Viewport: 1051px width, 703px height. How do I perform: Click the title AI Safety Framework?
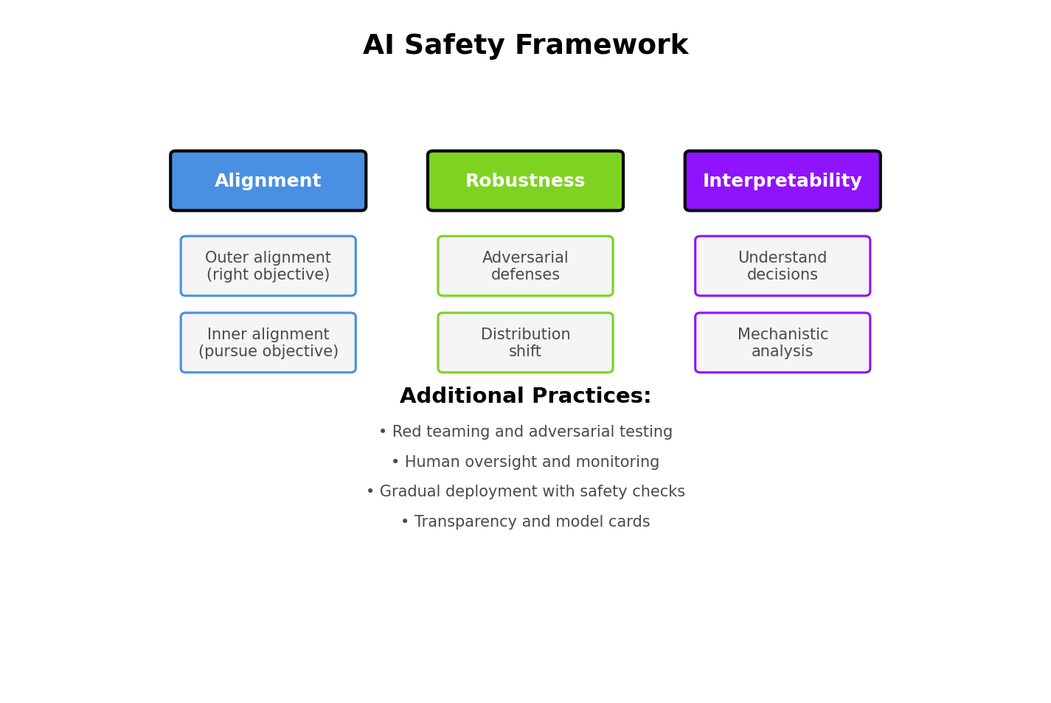[x=525, y=46]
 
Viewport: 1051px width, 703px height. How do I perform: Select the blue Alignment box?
[x=268, y=181]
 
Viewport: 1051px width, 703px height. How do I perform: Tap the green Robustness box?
[x=525, y=181]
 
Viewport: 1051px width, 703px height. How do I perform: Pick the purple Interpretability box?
[x=782, y=181]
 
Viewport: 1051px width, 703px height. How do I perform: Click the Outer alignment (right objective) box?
[x=268, y=266]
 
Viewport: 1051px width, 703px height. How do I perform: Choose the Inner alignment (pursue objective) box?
[x=268, y=343]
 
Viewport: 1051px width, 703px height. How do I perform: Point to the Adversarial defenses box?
[x=525, y=266]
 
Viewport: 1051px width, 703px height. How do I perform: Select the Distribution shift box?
[x=525, y=343]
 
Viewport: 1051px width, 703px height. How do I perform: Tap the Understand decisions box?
[x=782, y=266]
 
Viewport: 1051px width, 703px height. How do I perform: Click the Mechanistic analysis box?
[x=782, y=343]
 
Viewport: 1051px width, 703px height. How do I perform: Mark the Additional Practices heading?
[x=525, y=397]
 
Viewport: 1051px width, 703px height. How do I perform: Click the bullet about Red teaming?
[x=525, y=432]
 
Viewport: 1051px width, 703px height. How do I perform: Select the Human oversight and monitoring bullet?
[x=525, y=463]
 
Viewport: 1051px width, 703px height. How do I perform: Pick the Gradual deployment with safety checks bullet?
[x=525, y=492]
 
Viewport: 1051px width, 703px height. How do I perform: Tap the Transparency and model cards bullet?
[x=525, y=522]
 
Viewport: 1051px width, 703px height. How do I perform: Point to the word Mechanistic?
[x=783, y=335]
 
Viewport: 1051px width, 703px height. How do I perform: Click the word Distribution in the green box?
[x=525, y=335]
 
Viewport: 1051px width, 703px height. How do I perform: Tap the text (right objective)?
[x=268, y=275]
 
